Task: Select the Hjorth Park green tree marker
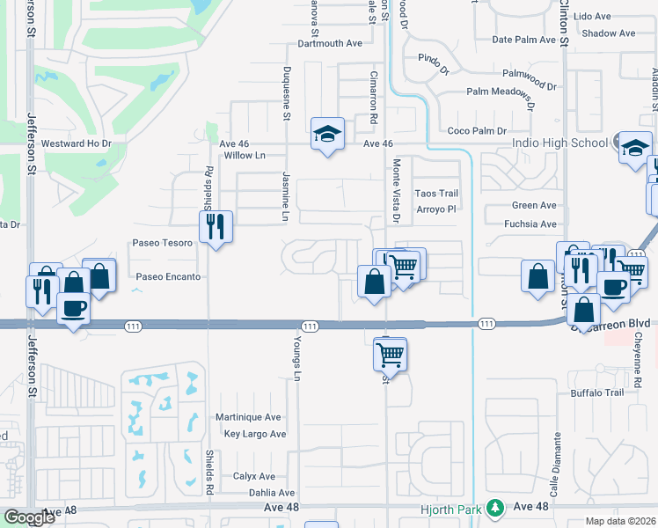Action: (x=496, y=508)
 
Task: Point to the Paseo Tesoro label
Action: (x=162, y=243)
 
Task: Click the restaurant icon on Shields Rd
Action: (x=216, y=227)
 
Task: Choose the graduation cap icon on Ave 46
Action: (x=327, y=135)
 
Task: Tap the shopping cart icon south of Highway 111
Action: (x=391, y=354)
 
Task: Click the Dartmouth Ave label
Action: (x=330, y=42)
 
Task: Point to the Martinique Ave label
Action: (x=249, y=417)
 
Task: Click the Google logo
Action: (x=29, y=517)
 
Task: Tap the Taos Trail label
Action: (x=436, y=193)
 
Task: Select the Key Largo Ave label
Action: (x=255, y=435)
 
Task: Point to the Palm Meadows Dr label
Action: (x=501, y=92)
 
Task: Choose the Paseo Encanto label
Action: (x=168, y=276)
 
